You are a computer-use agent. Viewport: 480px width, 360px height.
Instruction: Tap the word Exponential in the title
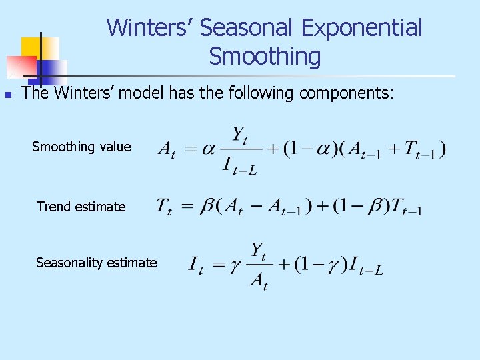361,28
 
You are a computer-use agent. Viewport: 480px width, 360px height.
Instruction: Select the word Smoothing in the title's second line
265,57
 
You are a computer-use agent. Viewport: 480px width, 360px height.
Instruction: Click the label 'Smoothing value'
81,147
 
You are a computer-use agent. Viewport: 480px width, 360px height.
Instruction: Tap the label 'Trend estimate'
81,207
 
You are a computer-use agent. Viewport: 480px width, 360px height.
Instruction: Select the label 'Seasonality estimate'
97,263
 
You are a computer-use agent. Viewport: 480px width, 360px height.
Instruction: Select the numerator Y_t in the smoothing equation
240,135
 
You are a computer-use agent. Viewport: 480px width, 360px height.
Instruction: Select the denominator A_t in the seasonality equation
258,281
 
